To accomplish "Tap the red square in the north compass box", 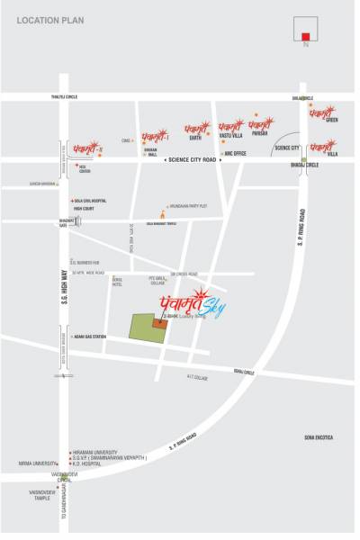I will (x=307, y=37).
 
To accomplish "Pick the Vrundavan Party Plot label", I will (x=190, y=206).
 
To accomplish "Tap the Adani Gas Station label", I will (x=91, y=337).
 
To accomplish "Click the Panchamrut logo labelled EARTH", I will (x=196, y=132).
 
